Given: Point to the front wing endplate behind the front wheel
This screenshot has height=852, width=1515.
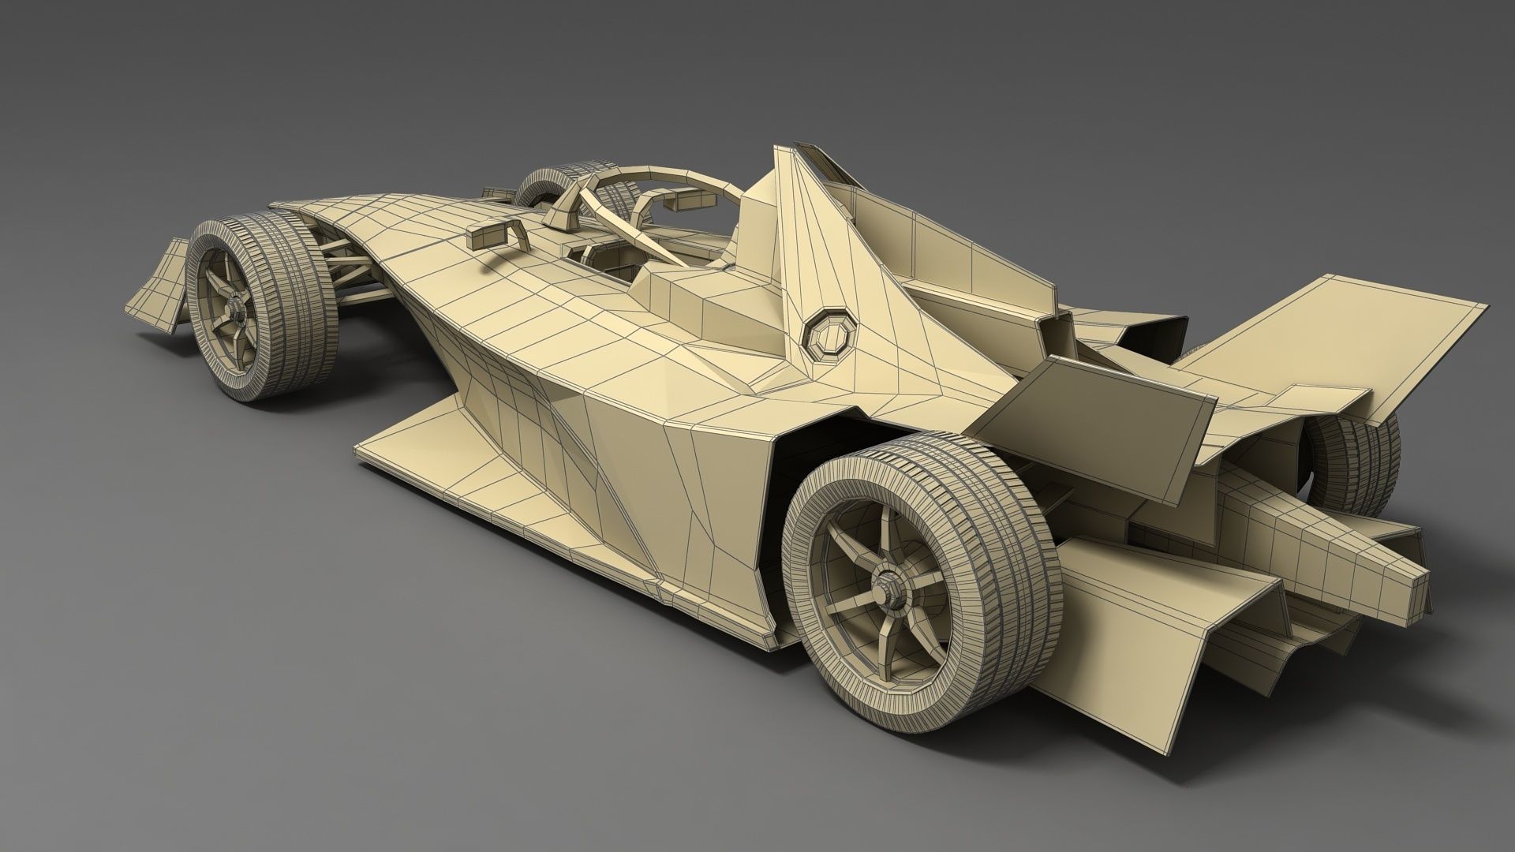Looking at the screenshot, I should coord(161,280).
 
